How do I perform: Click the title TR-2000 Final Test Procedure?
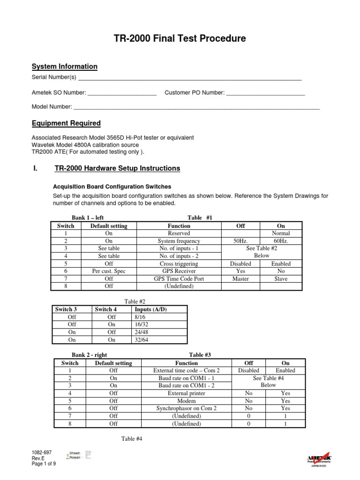(x=180, y=39)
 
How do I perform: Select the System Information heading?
(x=64, y=67)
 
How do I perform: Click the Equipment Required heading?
(x=66, y=123)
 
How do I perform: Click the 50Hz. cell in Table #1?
(x=240, y=241)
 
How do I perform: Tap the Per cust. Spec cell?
(x=109, y=271)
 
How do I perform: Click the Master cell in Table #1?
(x=240, y=278)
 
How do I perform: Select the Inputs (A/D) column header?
(x=150, y=309)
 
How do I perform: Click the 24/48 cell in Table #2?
(x=141, y=332)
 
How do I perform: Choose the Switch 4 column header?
(x=105, y=309)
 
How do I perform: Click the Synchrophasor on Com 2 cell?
(x=186, y=408)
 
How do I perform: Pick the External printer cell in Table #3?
(x=186, y=393)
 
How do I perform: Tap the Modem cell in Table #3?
(x=186, y=401)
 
